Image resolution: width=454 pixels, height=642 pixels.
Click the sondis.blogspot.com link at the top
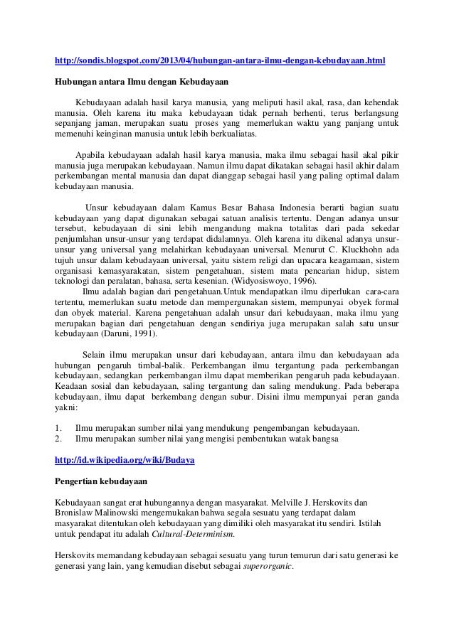[220, 62]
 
